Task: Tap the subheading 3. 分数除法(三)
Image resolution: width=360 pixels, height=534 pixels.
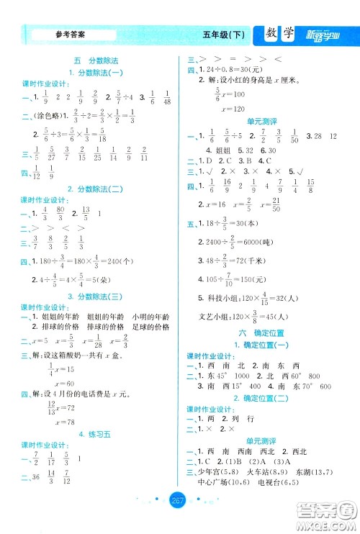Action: [x=94, y=297]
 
